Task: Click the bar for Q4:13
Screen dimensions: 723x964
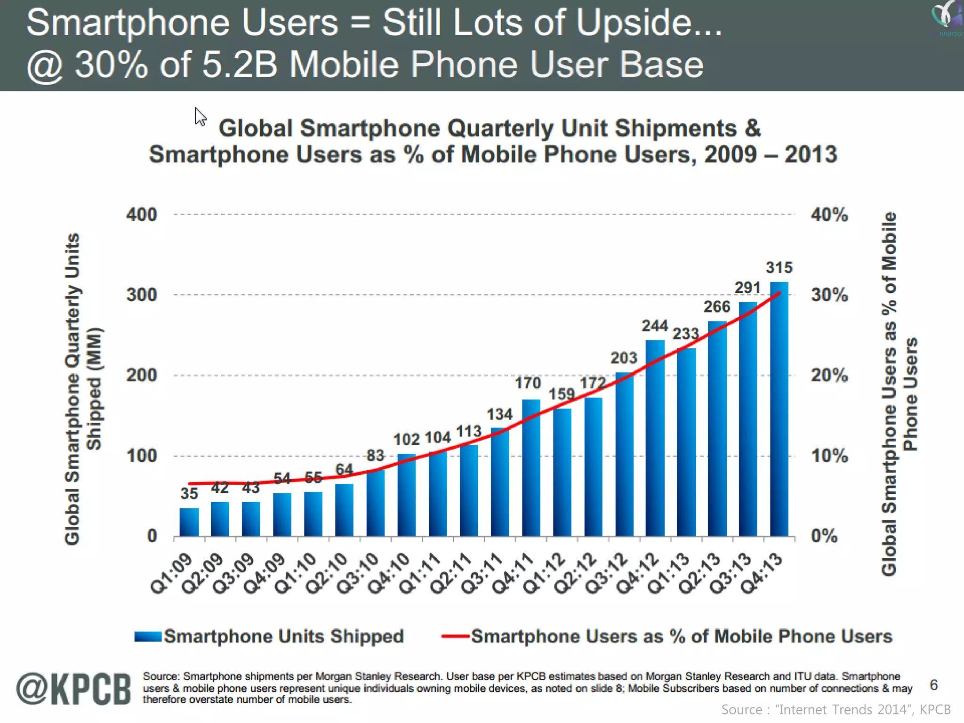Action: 779,410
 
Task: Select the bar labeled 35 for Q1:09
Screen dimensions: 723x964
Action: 189,522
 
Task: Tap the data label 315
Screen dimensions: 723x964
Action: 779,267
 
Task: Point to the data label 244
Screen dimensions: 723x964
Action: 655,326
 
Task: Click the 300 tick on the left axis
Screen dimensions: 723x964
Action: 141,295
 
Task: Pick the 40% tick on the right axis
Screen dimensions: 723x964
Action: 829,215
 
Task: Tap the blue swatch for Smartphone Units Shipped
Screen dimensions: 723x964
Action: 148,636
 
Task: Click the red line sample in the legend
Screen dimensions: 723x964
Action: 455,636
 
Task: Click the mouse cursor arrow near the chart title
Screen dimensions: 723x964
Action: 200,116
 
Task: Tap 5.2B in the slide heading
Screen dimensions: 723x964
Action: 240,64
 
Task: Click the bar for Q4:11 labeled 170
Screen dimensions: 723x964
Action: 531,468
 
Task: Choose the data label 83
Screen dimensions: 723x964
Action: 375,455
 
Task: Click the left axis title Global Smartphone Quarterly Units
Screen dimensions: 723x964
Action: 72,389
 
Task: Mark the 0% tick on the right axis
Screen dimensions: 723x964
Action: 824,536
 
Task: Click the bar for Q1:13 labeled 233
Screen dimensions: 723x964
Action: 686,442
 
